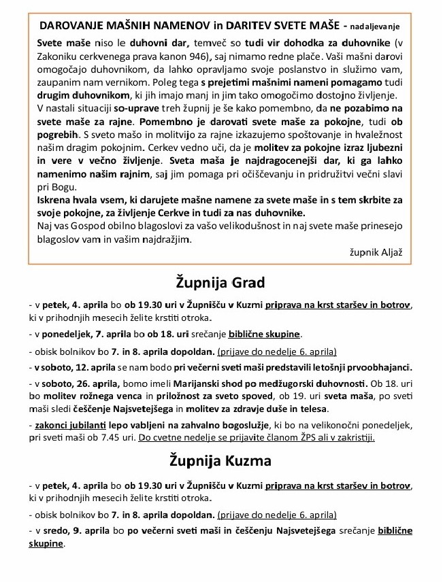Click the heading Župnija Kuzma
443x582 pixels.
click(x=220, y=460)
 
